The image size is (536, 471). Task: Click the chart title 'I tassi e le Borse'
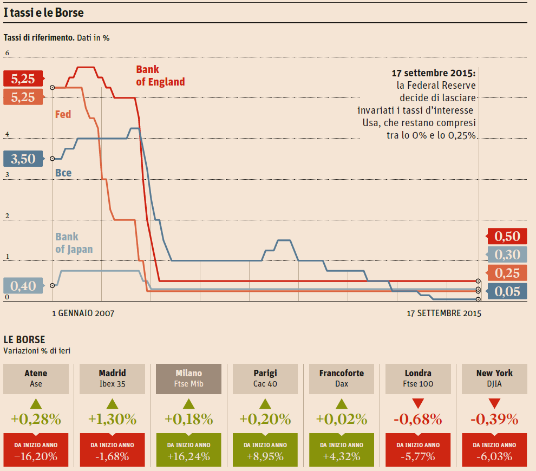click(x=44, y=12)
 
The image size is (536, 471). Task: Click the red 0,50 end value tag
click(x=507, y=236)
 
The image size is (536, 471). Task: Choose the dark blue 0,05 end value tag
click(x=507, y=292)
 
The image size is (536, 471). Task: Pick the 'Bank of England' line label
click(x=160, y=76)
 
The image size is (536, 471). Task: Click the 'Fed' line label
click(x=63, y=114)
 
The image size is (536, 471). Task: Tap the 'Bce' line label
click(x=63, y=173)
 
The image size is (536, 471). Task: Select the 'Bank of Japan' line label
click(x=74, y=243)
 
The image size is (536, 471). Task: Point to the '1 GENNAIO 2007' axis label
click(x=83, y=313)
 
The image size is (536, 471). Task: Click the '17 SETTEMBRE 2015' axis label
click(x=444, y=313)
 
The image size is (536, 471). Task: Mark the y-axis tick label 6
click(x=7, y=53)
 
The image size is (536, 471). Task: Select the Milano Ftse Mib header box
click(x=188, y=378)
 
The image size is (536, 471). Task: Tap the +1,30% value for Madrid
click(x=112, y=419)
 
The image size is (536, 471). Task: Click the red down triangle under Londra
click(x=417, y=403)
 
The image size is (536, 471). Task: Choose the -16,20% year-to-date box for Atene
click(x=36, y=450)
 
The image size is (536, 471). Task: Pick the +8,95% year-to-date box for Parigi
click(x=265, y=450)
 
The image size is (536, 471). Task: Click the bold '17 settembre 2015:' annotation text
click(x=433, y=73)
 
